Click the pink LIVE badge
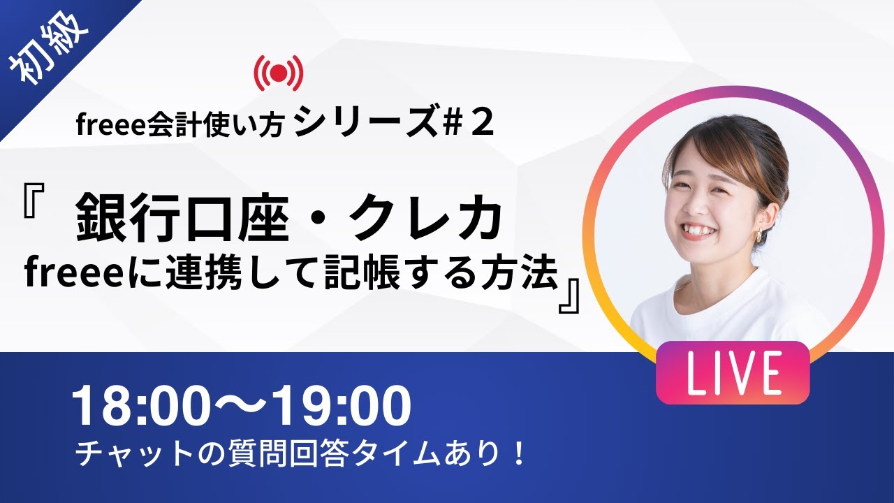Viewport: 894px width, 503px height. click(x=732, y=372)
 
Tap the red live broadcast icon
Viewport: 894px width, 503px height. click(x=279, y=71)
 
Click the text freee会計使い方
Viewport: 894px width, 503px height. click(x=180, y=126)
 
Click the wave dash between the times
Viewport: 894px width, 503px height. click(x=241, y=408)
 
